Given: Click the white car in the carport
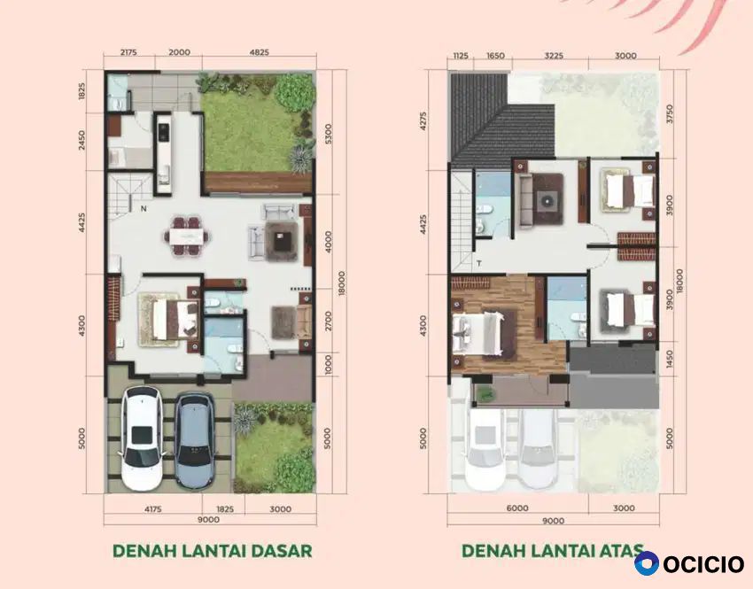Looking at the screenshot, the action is point(141,438).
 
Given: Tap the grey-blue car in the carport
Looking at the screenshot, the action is point(194,440).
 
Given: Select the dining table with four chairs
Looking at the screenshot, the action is point(187,236).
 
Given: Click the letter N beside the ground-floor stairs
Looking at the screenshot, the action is point(144,209).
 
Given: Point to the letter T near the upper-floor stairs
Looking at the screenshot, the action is point(478,264).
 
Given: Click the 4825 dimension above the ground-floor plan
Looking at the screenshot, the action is point(260,52).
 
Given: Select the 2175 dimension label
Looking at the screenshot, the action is point(128,52).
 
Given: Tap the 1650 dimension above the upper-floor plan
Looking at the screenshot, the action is point(495,56).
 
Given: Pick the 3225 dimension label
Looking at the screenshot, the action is point(553,56).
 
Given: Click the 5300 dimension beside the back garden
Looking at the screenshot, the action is point(328,136).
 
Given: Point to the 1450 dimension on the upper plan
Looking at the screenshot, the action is point(670,360).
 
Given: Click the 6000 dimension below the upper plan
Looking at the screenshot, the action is point(517,508).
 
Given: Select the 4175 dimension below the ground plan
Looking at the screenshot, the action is point(152,508).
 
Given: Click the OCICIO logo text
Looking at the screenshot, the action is point(703,563).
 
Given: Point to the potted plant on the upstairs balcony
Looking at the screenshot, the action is point(486,395).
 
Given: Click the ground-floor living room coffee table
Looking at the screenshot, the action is point(280,239).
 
